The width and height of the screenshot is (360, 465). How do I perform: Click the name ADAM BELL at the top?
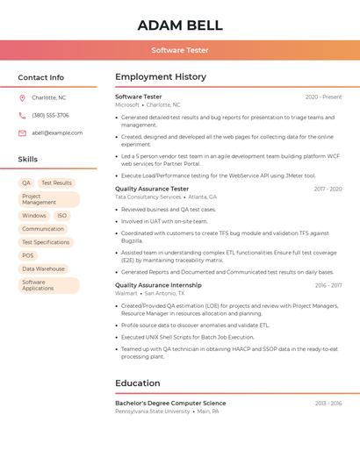(180, 25)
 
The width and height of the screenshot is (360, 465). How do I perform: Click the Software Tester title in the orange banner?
(180, 51)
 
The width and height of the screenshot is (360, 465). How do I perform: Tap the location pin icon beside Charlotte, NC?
(22, 97)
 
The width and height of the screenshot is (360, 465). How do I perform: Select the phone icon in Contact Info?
(22, 115)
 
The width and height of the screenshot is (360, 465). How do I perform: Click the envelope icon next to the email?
(22, 133)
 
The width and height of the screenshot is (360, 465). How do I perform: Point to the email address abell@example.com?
(57, 133)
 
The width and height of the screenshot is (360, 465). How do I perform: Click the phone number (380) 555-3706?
(50, 115)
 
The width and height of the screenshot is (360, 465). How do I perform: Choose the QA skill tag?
(26, 182)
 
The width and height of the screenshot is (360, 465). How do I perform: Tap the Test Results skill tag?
(56, 182)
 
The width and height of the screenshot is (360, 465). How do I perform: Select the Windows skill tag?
(34, 215)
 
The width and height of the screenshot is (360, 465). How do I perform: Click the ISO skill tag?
(61, 215)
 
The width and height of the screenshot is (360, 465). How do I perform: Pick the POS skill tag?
(28, 255)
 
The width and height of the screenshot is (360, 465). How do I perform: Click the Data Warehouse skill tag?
(43, 268)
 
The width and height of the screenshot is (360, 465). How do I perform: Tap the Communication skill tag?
(43, 229)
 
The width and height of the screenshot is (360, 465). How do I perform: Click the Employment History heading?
(160, 77)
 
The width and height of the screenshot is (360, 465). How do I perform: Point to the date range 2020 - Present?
(323, 97)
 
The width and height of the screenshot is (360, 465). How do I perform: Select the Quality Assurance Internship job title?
(158, 285)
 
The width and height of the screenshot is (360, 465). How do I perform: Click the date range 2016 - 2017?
(328, 285)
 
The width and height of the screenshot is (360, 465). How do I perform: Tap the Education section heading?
(138, 383)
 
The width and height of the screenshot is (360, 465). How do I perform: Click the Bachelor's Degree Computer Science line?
(170, 403)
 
